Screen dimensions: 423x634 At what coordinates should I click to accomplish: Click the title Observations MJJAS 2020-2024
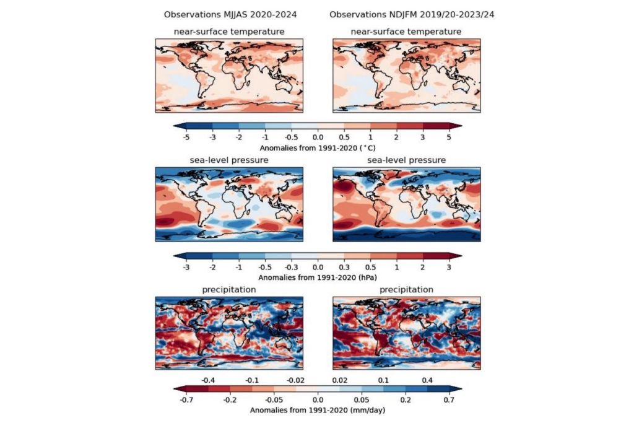[x=226, y=14]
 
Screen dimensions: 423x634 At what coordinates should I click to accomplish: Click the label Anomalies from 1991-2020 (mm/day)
[x=318, y=410]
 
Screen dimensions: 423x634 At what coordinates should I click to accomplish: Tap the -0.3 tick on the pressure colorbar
[x=292, y=267]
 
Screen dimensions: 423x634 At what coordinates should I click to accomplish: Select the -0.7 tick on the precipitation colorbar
[x=187, y=400]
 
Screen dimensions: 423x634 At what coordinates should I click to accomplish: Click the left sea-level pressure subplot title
[x=229, y=160]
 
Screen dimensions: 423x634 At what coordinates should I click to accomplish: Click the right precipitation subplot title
[x=406, y=289]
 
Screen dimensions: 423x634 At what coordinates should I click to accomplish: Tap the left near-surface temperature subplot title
[x=229, y=31]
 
